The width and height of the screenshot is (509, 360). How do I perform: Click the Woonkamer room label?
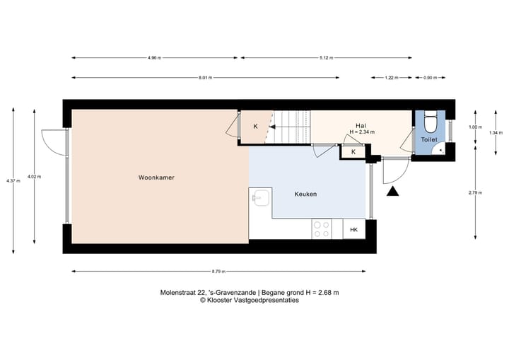coord(156,178)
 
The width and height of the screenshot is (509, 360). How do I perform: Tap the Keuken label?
coord(305,194)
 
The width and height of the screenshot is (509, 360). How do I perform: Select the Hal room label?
coord(361,125)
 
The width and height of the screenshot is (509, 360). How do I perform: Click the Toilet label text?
coord(429,140)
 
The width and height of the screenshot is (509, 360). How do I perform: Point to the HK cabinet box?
coord(353,229)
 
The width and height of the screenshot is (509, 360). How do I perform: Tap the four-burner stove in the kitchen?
coord(322,228)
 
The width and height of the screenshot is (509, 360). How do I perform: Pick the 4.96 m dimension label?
coord(154,57)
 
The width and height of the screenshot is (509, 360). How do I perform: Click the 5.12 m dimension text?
coord(325,57)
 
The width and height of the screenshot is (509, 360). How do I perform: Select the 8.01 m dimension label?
coord(205,78)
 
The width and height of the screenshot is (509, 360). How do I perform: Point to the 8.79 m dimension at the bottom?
coord(218,271)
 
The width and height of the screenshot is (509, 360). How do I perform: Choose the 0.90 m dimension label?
coord(429,78)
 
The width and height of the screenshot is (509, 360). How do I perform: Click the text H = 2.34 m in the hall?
coord(362,132)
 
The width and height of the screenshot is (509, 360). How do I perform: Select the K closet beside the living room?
coord(255,127)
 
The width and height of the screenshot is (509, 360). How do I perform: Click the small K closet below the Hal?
coord(353,151)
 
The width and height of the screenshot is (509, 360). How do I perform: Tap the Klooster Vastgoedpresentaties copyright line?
coord(249,300)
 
